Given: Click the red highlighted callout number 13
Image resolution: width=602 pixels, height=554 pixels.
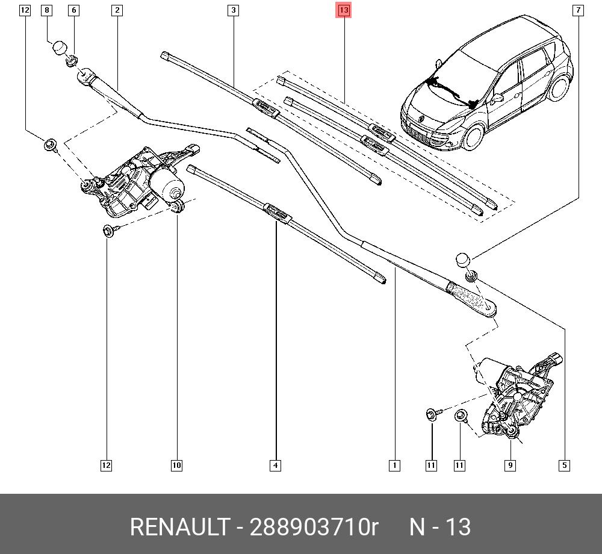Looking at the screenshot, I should pos(343,10).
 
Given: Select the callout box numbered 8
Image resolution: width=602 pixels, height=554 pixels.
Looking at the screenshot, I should pos(47,10).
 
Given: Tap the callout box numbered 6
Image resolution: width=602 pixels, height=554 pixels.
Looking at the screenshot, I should pos(73,10).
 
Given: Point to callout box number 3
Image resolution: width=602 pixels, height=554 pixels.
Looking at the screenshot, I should pos(233,10).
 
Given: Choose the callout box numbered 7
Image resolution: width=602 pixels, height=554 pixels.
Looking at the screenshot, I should pos(578,10).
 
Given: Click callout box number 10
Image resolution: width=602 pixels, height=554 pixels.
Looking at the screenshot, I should pos(176,465).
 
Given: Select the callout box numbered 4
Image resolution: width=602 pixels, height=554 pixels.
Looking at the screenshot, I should pos(275,465).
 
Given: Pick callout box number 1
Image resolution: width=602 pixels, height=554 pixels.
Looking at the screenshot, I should pos(394,465).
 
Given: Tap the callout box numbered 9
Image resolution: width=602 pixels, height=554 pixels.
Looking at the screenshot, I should pos(510,465).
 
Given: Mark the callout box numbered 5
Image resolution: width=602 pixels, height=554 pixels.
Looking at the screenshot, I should pos(564,465).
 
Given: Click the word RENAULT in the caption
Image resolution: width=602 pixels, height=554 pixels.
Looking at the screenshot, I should pos(178,527).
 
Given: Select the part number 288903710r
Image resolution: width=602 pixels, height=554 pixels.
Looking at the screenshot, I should pos(314,527).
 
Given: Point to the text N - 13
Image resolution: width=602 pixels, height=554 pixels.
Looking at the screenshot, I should pos(440,527).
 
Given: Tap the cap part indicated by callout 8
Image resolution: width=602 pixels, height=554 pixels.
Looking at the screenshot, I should pos(59,47).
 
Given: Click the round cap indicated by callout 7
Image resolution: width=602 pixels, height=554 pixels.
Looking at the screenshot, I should pos(462,260).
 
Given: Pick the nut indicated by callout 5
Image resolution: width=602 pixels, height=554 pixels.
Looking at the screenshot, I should pos(471,276).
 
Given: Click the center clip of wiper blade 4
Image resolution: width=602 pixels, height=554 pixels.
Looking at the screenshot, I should pos(276,211).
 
